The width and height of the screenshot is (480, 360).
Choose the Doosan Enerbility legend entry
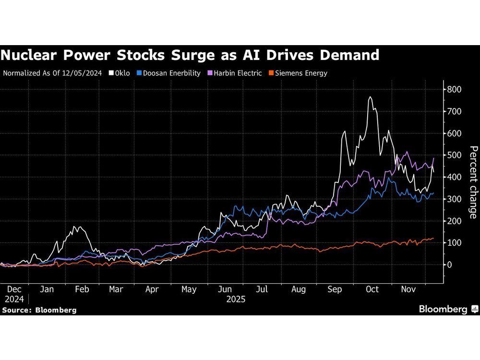tap(171, 73)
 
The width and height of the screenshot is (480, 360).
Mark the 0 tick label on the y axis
tap(449, 264)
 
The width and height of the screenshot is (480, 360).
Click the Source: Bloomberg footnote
tap(39, 310)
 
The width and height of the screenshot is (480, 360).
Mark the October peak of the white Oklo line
tap(370, 97)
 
